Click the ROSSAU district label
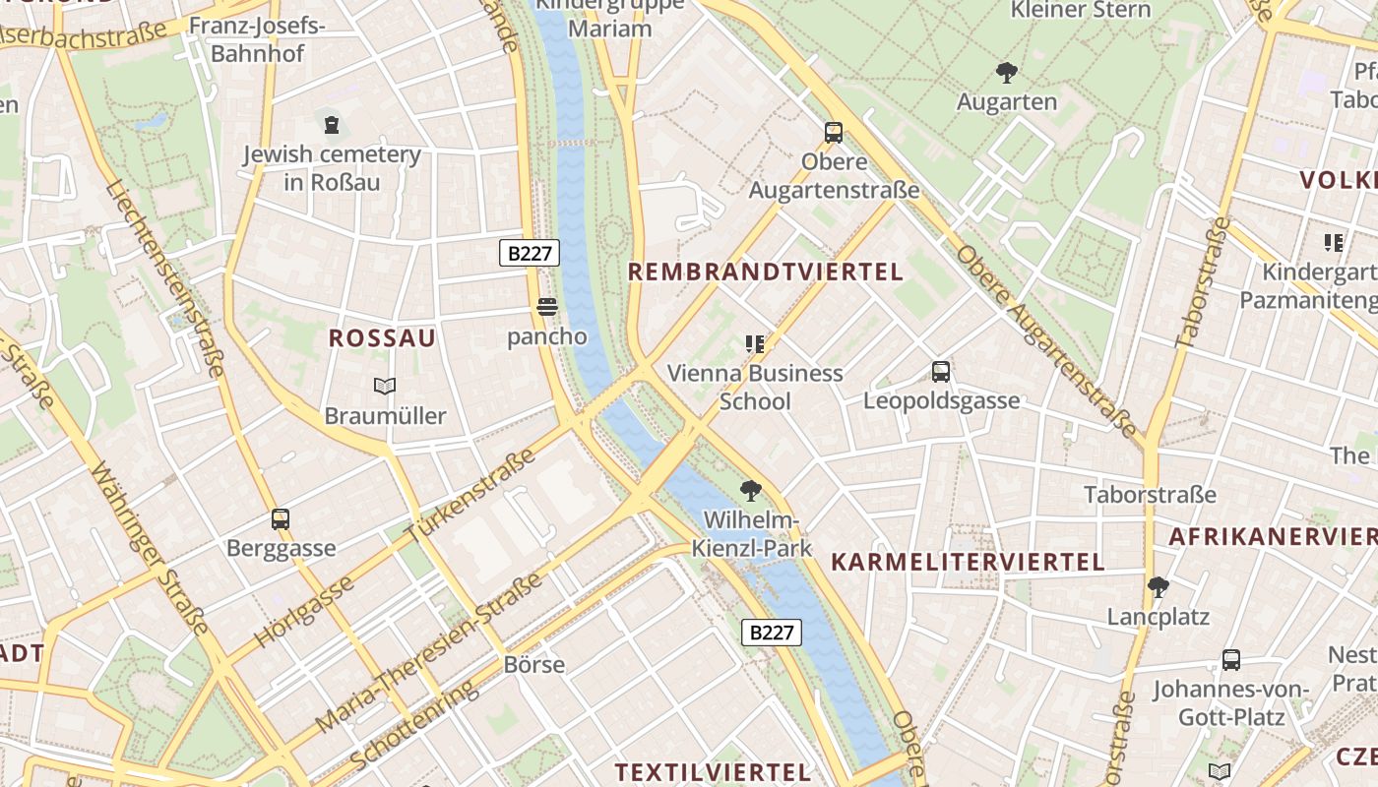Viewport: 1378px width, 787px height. (x=382, y=338)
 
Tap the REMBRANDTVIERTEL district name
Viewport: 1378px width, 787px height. (x=766, y=272)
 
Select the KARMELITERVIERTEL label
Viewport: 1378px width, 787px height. (x=969, y=563)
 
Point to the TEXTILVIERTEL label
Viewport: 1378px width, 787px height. (x=713, y=772)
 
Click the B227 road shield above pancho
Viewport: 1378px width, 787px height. (x=530, y=253)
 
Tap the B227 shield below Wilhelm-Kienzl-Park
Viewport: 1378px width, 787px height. (x=772, y=633)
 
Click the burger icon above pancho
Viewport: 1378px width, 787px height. (x=547, y=308)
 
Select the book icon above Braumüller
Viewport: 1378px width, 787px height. (x=385, y=387)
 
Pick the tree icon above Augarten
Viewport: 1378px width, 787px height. (x=1006, y=72)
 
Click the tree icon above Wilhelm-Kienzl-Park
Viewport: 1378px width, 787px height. (x=751, y=490)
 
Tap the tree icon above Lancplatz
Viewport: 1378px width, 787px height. (x=1158, y=587)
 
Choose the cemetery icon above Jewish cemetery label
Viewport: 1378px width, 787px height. (x=332, y=125)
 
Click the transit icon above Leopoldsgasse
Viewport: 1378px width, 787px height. (x=941, y=372)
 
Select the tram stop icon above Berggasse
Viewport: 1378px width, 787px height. (x=281, y=518)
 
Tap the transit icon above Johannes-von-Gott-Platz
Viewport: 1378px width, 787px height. (x=1230, y=659)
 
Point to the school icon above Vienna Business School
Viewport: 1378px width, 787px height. (x=755, y=343)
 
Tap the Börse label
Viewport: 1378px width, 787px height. (x=534, y=664)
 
